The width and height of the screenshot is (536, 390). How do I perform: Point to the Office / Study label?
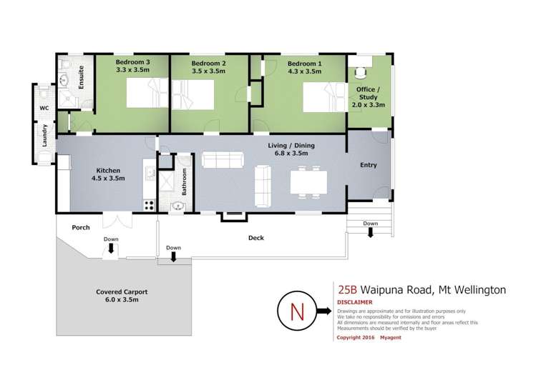pos(369,96)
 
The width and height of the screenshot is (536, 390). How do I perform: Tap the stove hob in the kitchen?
pos(150,204)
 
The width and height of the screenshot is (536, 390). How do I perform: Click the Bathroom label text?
pos(185,182)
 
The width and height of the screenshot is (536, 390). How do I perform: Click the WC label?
pos(43,110)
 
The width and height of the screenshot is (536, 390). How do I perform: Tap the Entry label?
pos(368,165)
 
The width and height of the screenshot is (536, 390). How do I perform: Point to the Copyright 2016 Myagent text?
pos(369,337)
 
